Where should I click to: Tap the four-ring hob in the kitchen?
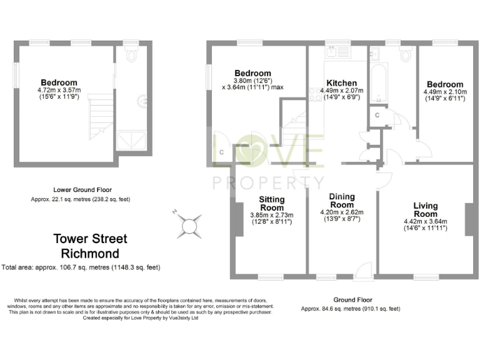pos(314,94)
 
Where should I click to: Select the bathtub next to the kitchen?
pos(377,85)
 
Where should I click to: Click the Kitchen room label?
pos(342,83)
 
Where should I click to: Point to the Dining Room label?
pos(342,201)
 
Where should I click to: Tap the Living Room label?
pos(425,210)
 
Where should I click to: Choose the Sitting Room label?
pos(272,204)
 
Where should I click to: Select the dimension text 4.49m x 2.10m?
pos(444,92)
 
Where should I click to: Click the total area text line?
pos(81,267)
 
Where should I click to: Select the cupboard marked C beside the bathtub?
pos(377,116)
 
